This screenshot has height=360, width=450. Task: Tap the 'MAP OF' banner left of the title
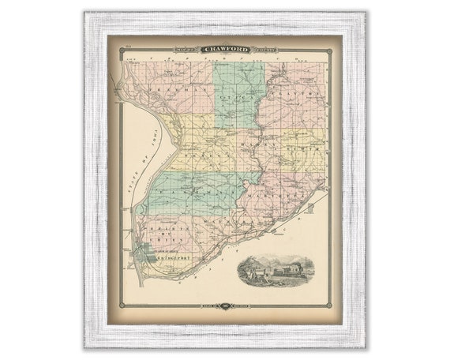click(x=188, y=49)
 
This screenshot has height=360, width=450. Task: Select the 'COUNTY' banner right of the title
click(x=263, y=49)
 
